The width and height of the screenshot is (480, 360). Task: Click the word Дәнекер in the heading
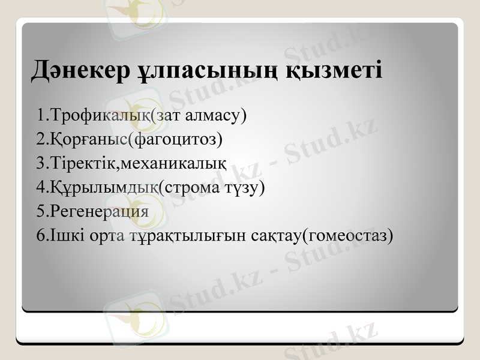point(79,70)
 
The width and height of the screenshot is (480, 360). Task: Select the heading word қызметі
point(333,71)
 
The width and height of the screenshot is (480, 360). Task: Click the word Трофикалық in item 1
point(100,115)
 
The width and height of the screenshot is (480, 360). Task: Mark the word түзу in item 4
point(247,187)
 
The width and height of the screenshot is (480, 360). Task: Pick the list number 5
point(40,211)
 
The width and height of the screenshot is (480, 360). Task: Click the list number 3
point(40,163)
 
